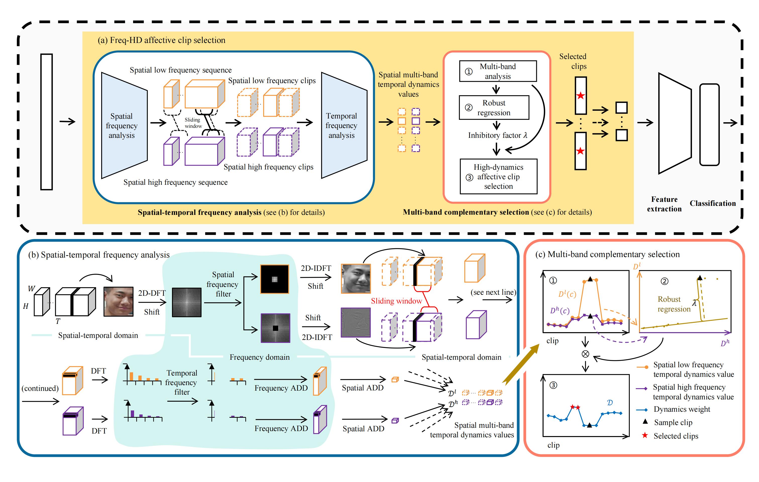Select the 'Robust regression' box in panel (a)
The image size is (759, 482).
(494, 107)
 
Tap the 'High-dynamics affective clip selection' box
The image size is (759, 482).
(498, 176)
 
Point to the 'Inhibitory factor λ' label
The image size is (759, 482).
(497, 135)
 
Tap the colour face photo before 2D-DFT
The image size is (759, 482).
(119, 301)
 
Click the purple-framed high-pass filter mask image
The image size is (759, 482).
(275, 328)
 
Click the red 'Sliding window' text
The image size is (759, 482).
(396, 301)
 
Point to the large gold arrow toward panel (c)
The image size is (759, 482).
(520, 364)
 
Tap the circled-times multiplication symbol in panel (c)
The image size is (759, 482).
(585, 354)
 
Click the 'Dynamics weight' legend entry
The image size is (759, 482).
(681, 409)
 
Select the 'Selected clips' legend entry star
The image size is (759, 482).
(645, 435)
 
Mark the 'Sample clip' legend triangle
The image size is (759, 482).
(645, 421)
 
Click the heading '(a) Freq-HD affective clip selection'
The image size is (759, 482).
(161, 40)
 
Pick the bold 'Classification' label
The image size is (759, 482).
(712, 203)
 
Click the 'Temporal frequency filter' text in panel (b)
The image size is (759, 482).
(182, 382)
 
